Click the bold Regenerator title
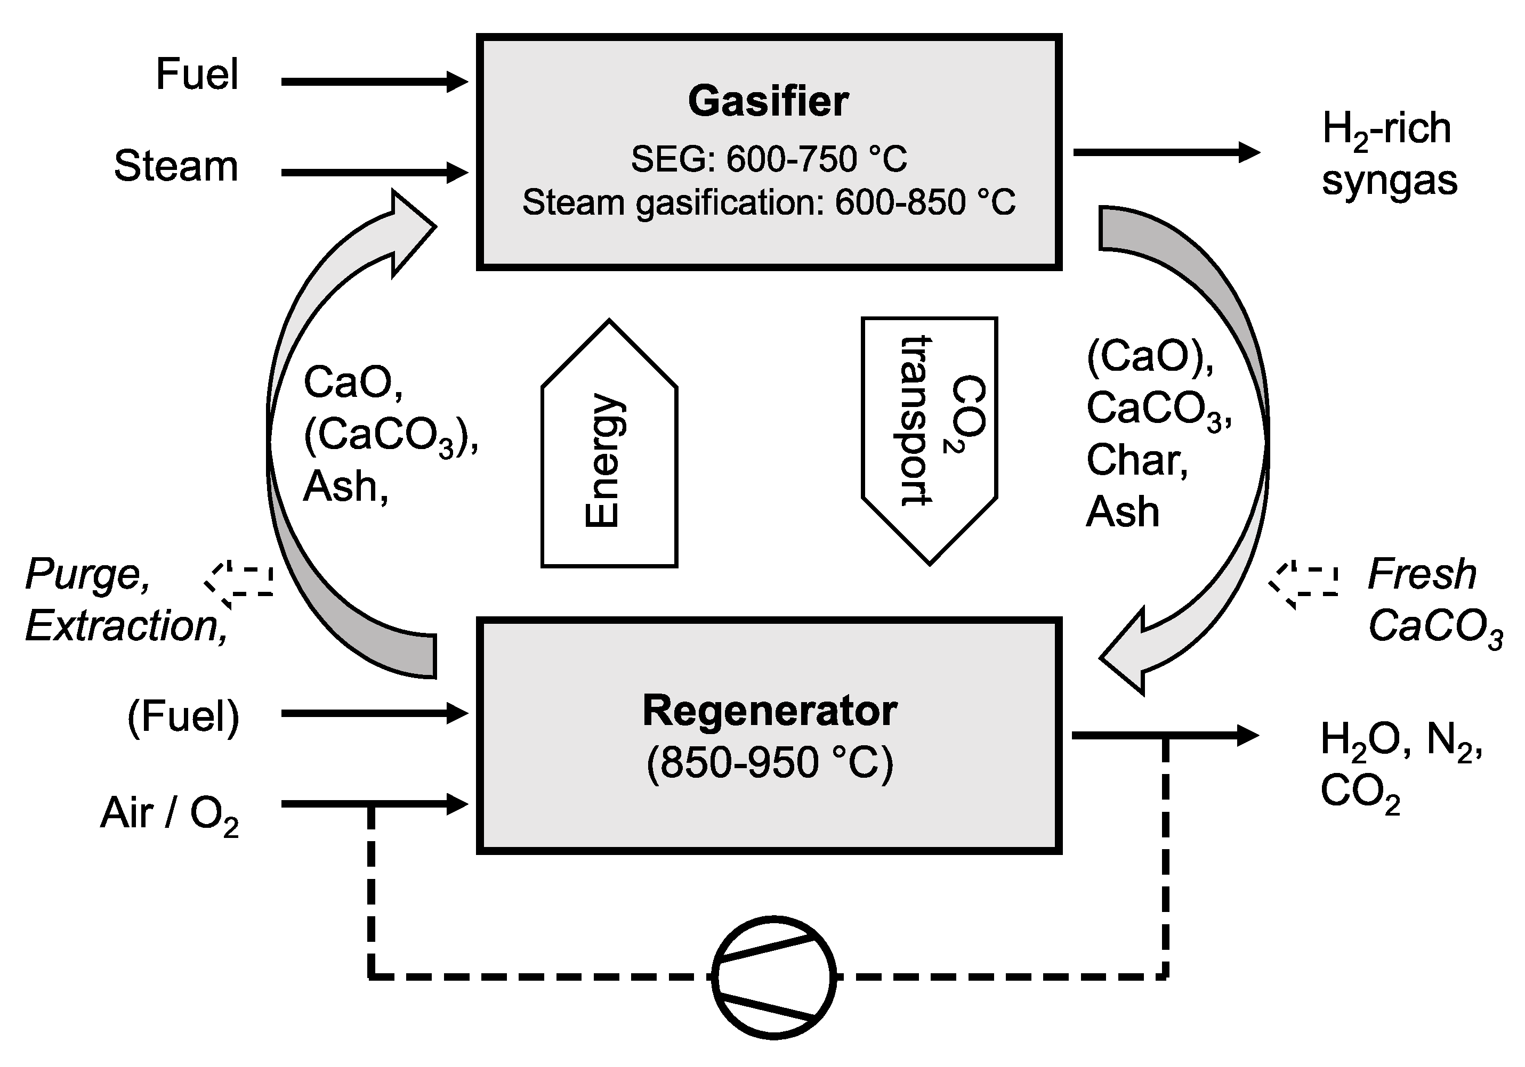[769, 711]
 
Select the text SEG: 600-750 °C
[769, 159]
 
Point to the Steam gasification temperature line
[769, 202]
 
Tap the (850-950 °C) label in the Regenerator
[769, 762]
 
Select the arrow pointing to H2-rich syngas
[1166, 152]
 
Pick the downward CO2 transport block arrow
[929, 438]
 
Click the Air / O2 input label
[170, 814]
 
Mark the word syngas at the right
[1390, 181]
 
